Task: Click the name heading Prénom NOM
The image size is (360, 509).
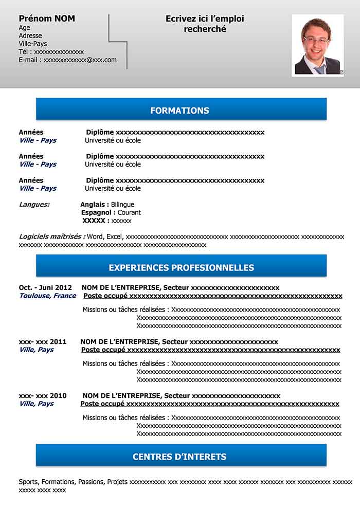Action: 47,19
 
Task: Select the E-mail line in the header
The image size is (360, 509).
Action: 67,60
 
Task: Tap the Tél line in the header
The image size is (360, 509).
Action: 51,52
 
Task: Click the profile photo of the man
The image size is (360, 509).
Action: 317,45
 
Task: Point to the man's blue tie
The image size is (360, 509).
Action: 319,69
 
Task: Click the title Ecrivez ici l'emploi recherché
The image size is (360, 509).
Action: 205,24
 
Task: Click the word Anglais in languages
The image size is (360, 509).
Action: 94,205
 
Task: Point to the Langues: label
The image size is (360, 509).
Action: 34,205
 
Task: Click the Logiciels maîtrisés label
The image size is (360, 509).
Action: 52,237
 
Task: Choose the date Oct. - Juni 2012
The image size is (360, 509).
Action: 45,288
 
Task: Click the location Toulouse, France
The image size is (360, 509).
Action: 47,296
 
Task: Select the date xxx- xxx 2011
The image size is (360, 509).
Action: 43,342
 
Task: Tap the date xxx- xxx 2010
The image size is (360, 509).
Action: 43,396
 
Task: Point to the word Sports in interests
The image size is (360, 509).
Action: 28,482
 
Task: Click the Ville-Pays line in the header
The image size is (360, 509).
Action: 32,44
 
